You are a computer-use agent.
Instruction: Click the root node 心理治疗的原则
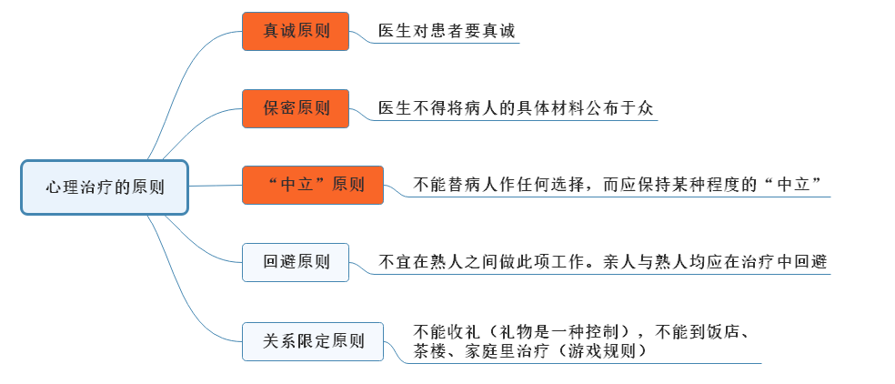coord(105,187)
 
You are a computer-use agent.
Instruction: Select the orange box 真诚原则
coord(296,32)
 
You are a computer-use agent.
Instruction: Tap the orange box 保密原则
coord(296,108)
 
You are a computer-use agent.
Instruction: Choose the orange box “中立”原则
coord(313,185)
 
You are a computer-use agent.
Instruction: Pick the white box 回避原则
coord(296,262)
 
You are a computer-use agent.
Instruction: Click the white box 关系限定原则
coord(313,341)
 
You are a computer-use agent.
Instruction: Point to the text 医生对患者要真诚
coord(447,32)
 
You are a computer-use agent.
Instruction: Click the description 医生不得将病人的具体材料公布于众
coord(516,108)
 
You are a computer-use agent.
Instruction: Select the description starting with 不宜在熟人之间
coord(602,262)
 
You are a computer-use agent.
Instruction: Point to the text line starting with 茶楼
coord(531,351)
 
